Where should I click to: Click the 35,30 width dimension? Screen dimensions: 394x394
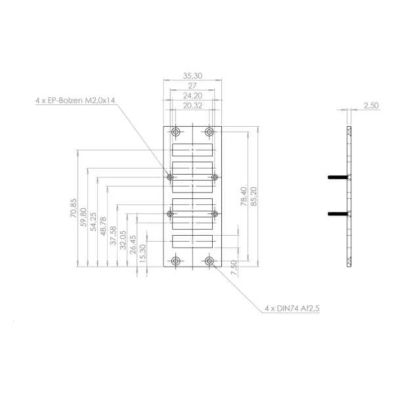192,76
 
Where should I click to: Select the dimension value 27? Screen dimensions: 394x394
192,86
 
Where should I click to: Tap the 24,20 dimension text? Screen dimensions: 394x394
192,96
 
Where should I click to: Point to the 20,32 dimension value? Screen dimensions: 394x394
192,106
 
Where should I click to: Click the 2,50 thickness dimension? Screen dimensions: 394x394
371,106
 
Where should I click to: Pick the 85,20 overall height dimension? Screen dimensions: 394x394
253,196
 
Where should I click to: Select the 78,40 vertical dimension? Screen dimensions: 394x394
244,196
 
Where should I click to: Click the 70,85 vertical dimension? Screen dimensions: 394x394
74,208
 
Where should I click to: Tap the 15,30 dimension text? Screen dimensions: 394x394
142,253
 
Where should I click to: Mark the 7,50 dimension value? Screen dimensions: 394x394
234,268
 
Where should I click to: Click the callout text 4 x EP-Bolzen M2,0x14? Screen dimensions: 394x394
75,100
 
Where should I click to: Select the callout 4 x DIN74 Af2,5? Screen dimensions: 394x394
292,309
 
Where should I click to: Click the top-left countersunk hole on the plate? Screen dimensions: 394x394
175,132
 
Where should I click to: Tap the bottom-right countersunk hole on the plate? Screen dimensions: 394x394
209,261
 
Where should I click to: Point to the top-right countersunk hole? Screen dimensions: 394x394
209,132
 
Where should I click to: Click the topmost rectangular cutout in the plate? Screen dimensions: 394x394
192,150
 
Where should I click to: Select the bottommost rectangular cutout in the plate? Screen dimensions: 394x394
192,242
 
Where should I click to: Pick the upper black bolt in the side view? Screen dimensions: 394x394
338,177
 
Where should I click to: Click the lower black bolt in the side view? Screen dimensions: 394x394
338,214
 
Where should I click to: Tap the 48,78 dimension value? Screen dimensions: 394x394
103,227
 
